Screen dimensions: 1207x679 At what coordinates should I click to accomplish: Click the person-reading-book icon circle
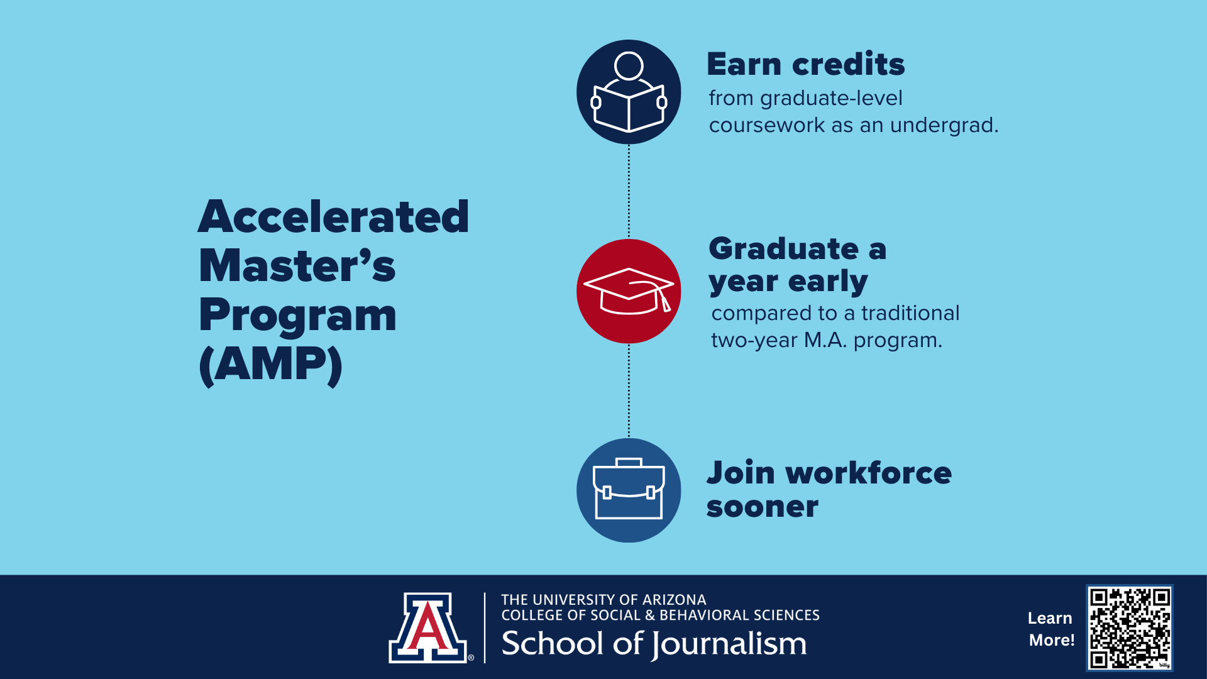coord(629,92)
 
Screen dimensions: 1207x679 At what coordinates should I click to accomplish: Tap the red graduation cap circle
coord(629,291)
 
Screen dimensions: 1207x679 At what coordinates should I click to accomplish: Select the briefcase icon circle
coord(629,490)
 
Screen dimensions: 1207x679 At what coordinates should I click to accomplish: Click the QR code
coord(1130,628)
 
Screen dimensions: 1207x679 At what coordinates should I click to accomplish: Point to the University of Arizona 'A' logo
coord(428,627)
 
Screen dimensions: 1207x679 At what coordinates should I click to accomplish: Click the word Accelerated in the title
coord(333,216)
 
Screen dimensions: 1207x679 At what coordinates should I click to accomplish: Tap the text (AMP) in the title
coord(271,365)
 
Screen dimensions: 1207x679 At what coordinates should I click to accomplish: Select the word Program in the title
coord(297,316)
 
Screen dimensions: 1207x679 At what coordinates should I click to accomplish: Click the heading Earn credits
coord(806,64)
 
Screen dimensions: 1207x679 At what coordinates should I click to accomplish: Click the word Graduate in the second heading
coord(783,249)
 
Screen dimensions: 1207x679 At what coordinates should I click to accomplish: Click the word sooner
coord(763,507)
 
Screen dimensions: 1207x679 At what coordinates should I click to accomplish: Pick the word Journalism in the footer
coord(729,644)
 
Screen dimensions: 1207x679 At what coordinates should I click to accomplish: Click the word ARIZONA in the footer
coord(675,600)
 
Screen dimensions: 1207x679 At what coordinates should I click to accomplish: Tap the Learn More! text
coord(1051,629)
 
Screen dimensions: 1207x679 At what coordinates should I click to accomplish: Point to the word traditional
coord(910,313)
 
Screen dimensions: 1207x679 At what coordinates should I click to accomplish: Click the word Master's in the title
coord(297,265)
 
